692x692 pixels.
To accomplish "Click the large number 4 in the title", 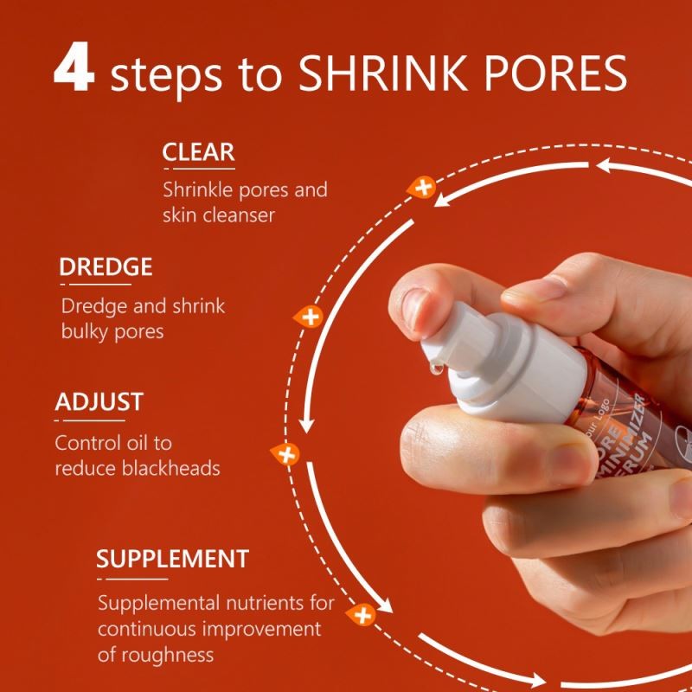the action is (x=74, y=72).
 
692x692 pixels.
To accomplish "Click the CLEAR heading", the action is (x=198, y=152).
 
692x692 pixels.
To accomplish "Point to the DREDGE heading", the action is (x=106, y=267).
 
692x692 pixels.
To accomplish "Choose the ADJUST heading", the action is (x=99, y=402).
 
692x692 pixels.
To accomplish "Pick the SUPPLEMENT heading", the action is (x=172, y=558).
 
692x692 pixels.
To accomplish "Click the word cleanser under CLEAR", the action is (x=239, y=215).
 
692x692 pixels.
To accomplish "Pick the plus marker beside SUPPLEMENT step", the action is (x=362, y=615).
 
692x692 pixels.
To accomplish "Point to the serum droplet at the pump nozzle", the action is (x=437, y=370).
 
